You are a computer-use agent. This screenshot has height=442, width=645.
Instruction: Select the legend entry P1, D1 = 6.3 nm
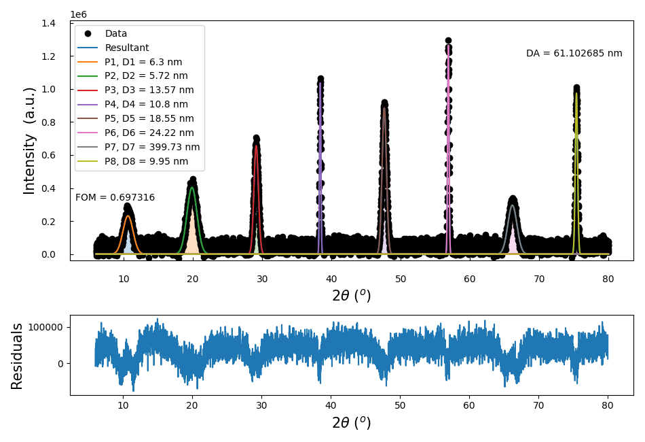(x=143, y=62)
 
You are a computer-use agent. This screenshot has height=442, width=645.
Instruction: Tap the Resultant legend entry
(x=126, y=48)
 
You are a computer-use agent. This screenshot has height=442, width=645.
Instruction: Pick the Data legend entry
(x=115, y=33)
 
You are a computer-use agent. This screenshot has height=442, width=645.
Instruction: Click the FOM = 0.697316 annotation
(x=115, y=198)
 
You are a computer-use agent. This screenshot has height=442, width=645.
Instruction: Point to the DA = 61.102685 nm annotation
(x=574, y=53)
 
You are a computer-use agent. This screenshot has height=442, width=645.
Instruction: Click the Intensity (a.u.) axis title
(x=29, y=141)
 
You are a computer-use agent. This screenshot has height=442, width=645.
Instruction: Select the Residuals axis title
(x=17, y=356)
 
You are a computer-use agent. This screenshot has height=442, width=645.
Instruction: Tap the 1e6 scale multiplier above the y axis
(x=78, y=14)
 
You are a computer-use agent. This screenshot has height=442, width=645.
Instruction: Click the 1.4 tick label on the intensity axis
(x=48, y=23)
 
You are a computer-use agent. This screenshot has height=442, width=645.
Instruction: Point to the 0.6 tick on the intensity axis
(x=48, y=155)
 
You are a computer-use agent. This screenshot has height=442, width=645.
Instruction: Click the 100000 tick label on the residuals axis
(x=43, y=327)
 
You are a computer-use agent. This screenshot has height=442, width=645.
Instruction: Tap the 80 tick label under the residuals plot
(x=608, y=406)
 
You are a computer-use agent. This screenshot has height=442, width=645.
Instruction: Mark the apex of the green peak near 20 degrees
(x=192, y=187)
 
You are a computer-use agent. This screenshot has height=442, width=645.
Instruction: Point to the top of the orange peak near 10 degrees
(x=128, y=216)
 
